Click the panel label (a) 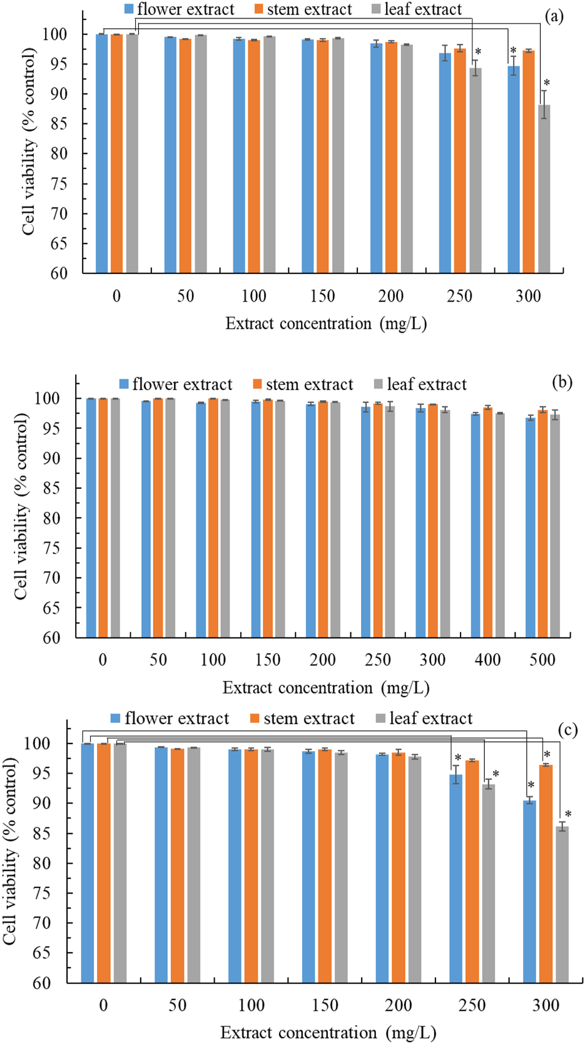tap(554, 17)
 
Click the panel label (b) tap(561, 381)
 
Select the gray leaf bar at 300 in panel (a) tap(544, 188)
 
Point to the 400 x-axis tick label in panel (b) tap(487, 660)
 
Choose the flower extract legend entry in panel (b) tap(175, 384)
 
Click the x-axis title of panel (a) tap(325, 324)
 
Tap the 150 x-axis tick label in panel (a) tap(322, 296)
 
